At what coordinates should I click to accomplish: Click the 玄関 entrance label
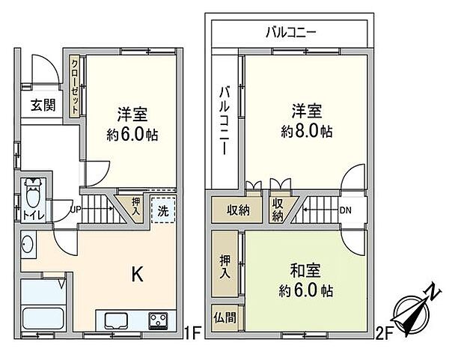pos(43,106)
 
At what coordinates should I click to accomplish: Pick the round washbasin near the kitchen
pos(28,245)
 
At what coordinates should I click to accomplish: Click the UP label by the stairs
pos(76,209)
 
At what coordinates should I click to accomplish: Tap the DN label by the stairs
pos(346,210)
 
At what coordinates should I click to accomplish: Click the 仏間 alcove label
pos(224,316)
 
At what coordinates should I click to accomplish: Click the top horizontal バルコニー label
pos(291,32)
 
